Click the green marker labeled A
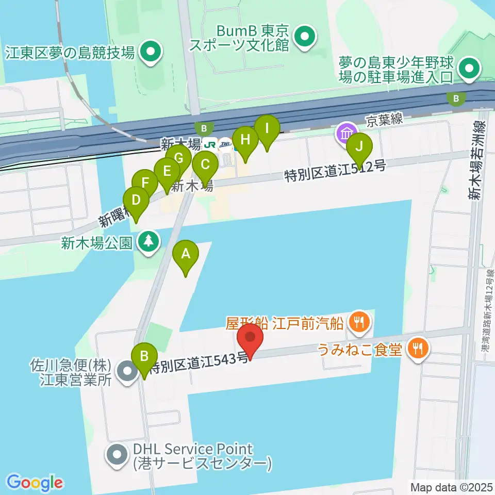click(x=185, y=254)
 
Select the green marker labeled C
click(x=205, y=165)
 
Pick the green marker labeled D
click(x=136, y=200)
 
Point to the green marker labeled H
click(x=245, y=139)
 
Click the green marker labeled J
click(x=359, y=145)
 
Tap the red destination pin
click(x=251, y=337)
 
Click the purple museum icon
click(x=346, y=133)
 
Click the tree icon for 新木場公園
click(x=148, y=241)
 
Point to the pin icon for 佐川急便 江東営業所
click(x=126, y=371)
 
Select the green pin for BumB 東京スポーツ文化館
click(x=304, y=37)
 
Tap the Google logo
click(x=35, y=483)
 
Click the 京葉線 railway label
click(x=385, y=121)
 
